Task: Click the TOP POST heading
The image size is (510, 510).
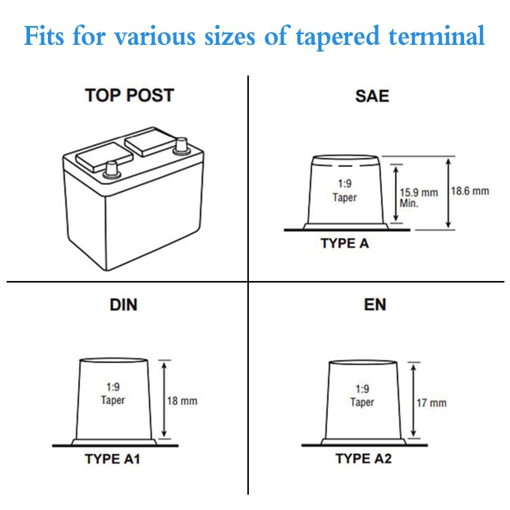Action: (130, 95)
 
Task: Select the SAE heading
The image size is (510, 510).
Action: (372, 96)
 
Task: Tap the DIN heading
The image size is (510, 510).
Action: (123, 305)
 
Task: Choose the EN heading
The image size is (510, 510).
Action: (375, 305)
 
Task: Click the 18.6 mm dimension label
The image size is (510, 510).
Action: (470, 191)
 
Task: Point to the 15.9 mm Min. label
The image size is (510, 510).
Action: (418, 197)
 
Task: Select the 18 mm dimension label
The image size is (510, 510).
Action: (182, 401)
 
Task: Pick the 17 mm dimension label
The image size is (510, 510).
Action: (431, 403)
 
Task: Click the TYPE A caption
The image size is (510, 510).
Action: (345, 243)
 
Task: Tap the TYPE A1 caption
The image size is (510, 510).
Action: (112, 459)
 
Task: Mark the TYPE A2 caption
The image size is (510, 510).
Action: (364, 458)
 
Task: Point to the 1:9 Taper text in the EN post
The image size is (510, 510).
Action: (362, 396)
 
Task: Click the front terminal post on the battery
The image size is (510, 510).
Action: (111, 169)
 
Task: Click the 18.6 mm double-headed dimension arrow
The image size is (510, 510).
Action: (448, 192)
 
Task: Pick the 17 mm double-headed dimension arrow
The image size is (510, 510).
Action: (414, 401)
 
